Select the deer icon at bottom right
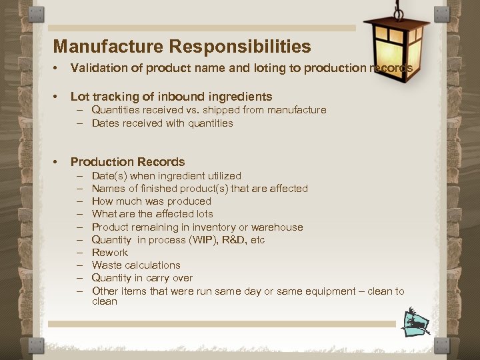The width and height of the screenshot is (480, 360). click(x=416, y=321)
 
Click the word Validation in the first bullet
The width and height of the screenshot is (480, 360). click(x=95, y=68)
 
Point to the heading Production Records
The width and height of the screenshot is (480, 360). click(x=127, y=162)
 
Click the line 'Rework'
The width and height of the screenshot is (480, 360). click(x=109, y=253)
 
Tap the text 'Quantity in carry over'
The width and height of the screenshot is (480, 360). click(x=142, y=278)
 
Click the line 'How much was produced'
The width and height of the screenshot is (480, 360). click(x=151, y=201)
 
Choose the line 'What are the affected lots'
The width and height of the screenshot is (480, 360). click(x=152, y=214)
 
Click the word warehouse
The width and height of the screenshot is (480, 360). click(x=277, y=227)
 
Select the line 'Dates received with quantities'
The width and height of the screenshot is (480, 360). click(x=162, y=123)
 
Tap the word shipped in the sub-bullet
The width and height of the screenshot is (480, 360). click(x=216, y=110)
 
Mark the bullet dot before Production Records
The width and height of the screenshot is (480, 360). click(x=57, y=162)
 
